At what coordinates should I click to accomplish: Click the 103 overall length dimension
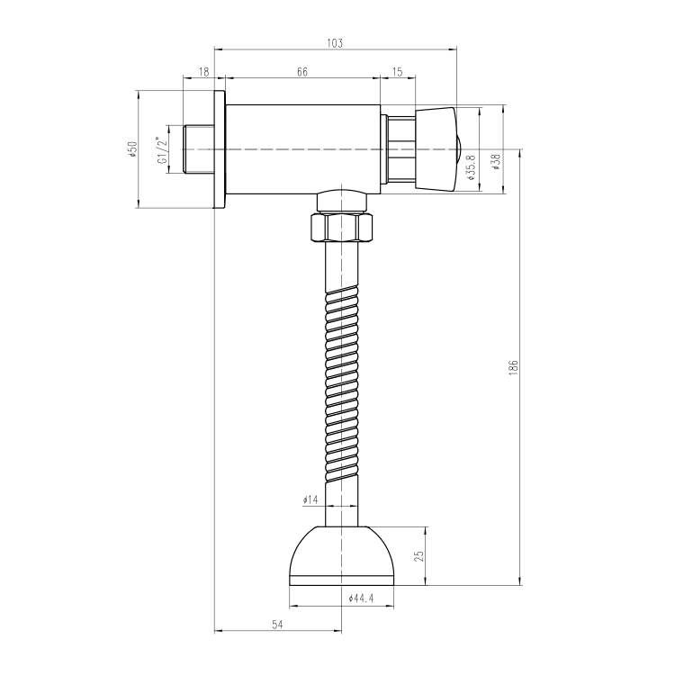point(335,43)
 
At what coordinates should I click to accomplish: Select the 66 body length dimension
point(302,71)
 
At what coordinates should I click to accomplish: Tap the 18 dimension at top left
point(204,71)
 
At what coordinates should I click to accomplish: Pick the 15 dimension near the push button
point(398,71)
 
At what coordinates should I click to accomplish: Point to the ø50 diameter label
point(132,148)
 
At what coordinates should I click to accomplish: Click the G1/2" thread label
point(162,150)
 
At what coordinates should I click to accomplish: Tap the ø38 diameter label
point(496,162)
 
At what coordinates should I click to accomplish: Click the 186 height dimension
point(513,368)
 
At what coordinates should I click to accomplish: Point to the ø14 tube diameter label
point(310,499)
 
